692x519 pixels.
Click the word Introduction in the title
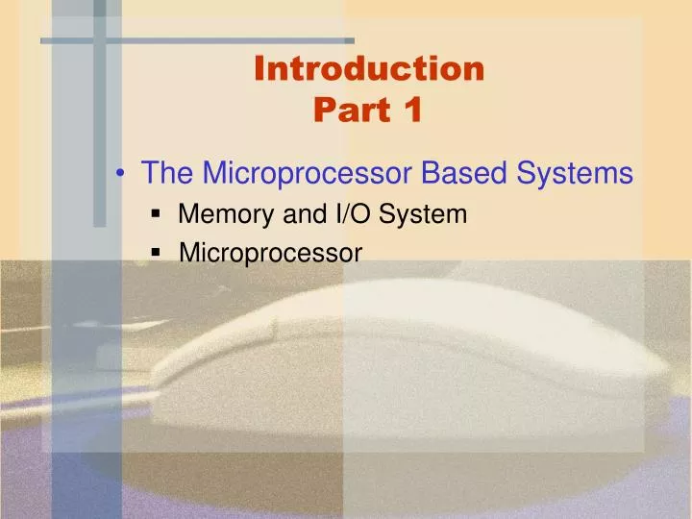(x=370, y=69)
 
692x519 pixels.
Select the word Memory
(x=227, y=214)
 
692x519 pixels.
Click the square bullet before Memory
(x=156, y=216)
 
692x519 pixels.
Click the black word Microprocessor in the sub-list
(x=270, y=254)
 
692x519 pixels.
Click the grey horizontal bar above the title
(x=197, y=40)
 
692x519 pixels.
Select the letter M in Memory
(x=187, y=214)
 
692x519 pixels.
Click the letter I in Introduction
(x=260, y=69)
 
